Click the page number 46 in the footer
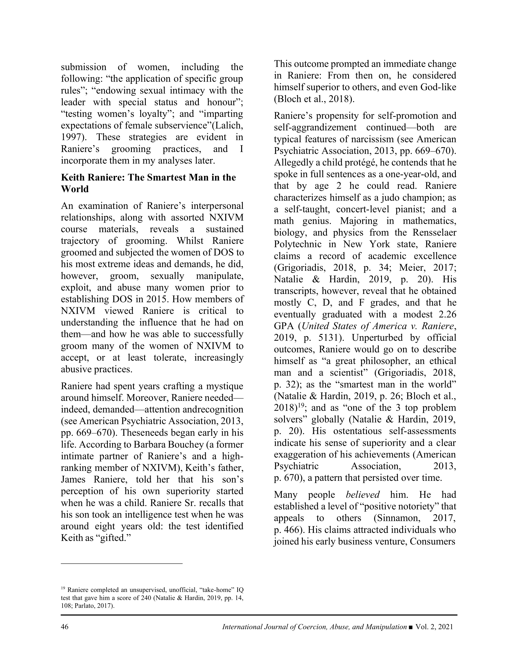click(65, 627)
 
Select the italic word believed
click(363, 494)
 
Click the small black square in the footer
click(411, 627)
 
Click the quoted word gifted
click(114, 538)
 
